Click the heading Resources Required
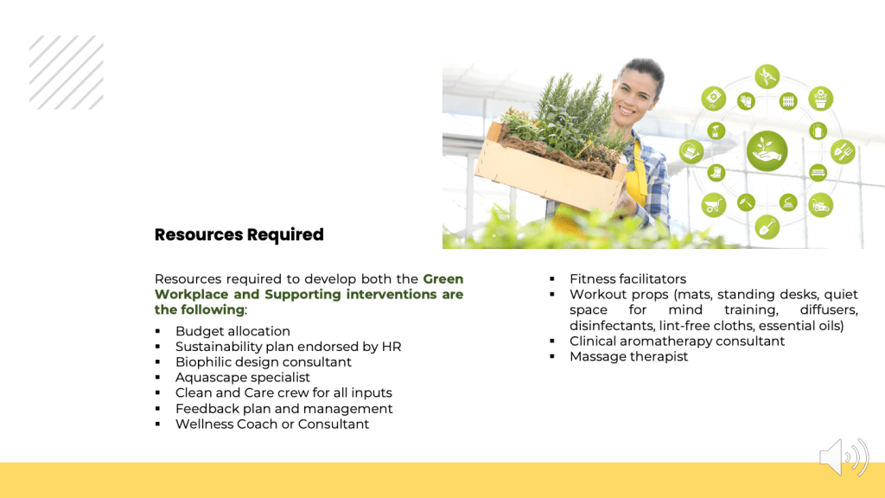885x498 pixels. pyautogui.click(x=239, y=234)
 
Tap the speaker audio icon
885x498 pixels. pyautogui.click(x=844, y=456)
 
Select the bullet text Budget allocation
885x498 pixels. pyautogui.click(x=232, y=331)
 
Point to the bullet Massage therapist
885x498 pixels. pyautogui.click(x=629, y=356)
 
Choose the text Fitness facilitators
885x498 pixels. pyautogui.click(x=627, y=279)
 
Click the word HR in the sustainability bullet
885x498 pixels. pyautogui.click(x=392, y=346)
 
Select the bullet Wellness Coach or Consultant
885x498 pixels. pyautogui.click(x=272, y=424)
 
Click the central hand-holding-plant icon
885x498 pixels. pyautogui.click(x=767, y=151)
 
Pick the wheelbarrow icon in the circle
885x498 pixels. pyautogui.click(x=713, y=205)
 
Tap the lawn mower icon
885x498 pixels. pyautogui.click(x=821, y=205)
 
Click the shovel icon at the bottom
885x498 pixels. pyautogui.click(x=767, y=227)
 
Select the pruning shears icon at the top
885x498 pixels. pyautogui.click(x=767, y=76)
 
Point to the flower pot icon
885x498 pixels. pyautogui.click(x=821, y=99)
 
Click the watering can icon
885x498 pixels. pyautogui.click(x=691, y=152)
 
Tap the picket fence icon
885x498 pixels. pyautogui.click(x=788, y=102)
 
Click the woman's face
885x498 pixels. pyautogui.click(x=634, y=93)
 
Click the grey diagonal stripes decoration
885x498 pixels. pyautogui.click(x=67, y=73)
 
